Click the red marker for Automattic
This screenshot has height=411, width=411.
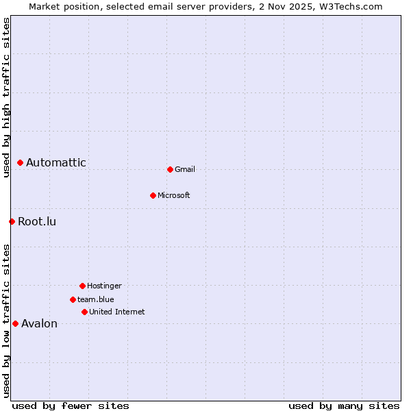21,163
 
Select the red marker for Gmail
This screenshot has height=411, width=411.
170,169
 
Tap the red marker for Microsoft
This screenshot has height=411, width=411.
153,195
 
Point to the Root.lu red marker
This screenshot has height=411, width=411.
12,221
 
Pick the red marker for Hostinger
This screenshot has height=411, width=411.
82,286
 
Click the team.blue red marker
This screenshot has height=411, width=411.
73,299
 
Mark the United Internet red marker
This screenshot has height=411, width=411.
84,312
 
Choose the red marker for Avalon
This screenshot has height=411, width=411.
15,323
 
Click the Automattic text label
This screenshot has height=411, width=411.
56,163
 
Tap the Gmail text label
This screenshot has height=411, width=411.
185,170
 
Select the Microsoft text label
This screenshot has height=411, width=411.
174,196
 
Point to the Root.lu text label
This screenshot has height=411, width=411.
37,222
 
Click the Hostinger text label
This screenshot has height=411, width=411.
104,286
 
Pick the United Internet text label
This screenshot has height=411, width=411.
117,312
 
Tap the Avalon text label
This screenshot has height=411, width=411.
40,324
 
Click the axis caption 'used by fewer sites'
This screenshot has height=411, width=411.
71,406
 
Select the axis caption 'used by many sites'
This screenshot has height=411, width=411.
344,406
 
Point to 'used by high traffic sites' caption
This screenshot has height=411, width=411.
7,97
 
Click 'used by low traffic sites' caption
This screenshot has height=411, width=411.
7,320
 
